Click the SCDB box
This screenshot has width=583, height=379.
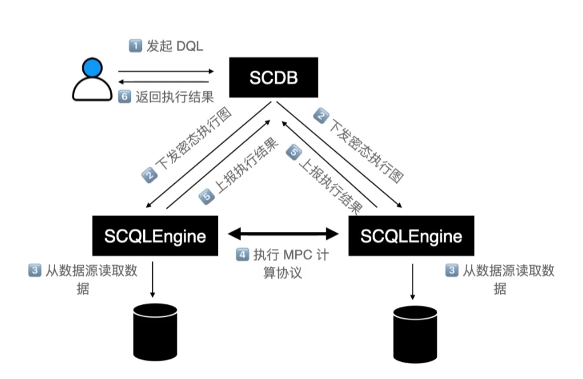tap(273, 77)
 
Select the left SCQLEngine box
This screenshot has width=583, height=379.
tap(155, 236)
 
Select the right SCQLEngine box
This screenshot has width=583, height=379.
tap(411, 236)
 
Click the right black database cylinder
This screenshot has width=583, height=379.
tap(415, 335)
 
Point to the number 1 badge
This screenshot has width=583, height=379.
tap(134, 46)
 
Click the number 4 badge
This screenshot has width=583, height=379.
tap(242, 255)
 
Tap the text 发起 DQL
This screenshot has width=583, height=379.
tap(174, 46)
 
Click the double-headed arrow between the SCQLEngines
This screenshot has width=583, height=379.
tap(283, 233)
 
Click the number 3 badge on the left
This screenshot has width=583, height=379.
tap(34, 271)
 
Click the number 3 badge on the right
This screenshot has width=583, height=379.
tap(452, 271)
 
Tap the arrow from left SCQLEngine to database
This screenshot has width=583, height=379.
tap(153, 278)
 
